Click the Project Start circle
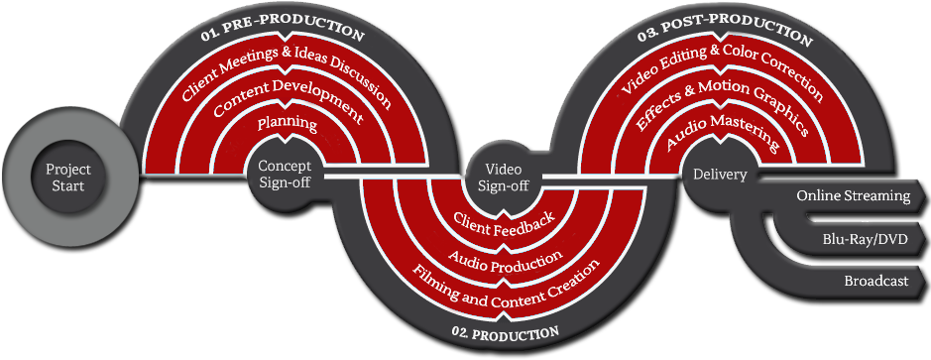[x=67, y=178]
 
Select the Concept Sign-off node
[x=285, y=174]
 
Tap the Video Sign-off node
[x=504, y=176]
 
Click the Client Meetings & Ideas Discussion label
[x=287, y=74]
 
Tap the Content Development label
[x=287, y=100]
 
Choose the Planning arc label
[x=287, y=124]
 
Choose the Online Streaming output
[x=854, y=196]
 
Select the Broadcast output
[x=876, y=282]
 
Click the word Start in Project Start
[x=68, y=186]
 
